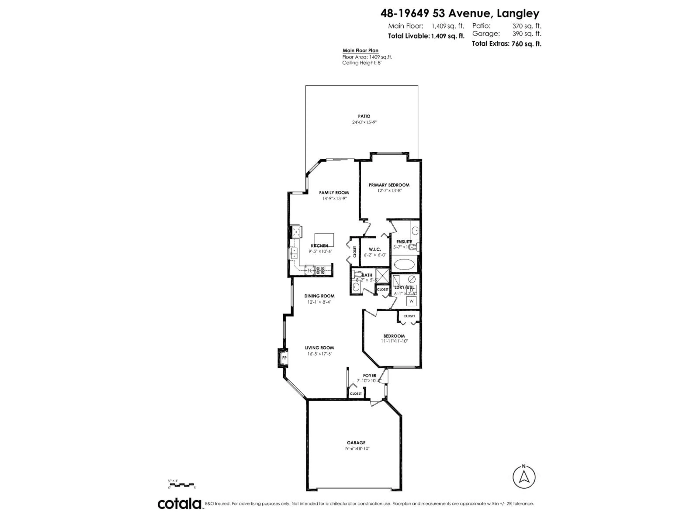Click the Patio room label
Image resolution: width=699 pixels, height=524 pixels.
[364, 116]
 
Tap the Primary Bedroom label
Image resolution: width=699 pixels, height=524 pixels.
[389, 185]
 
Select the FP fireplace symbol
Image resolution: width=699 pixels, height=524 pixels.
[284, 358]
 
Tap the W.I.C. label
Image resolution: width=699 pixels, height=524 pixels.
[375, 249]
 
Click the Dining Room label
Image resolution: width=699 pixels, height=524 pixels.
[319, 296]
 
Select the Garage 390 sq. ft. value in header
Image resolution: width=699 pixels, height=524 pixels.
[526, 33]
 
